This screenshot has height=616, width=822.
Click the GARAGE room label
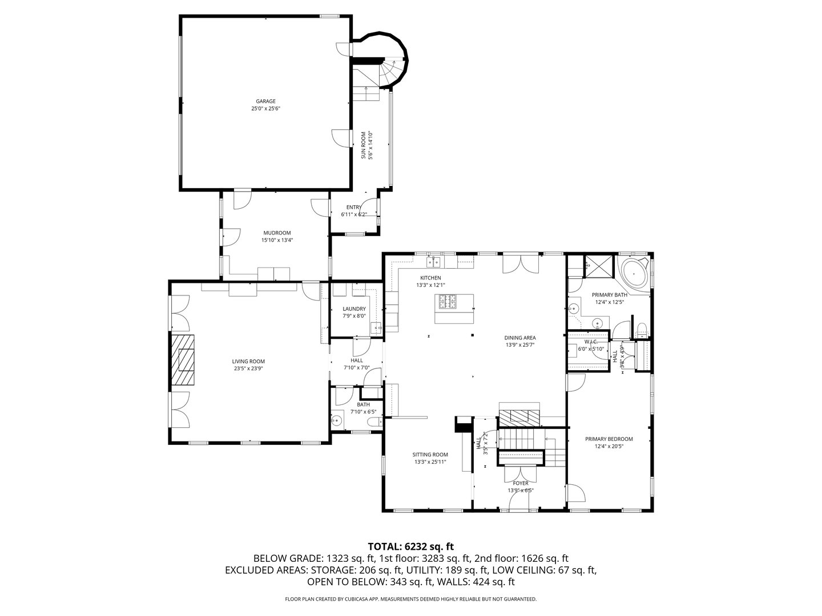coord(265,102)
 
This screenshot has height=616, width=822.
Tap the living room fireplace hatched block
coord(182,360)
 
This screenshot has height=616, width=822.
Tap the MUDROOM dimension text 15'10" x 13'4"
coord(277,240)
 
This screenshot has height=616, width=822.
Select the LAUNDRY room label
coord(354,309)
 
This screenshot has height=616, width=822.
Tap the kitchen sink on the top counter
coord(434,262)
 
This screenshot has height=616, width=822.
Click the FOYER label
coord(521,483)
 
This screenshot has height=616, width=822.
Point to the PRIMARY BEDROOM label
coord(609,439)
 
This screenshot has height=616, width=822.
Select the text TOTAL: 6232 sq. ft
coord(411,546)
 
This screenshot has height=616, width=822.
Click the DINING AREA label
coord(520,337)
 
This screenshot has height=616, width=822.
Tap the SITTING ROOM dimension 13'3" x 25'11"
coord(430,462)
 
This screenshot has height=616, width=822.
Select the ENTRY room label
coord(353,207)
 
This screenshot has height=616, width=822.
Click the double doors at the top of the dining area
coord(520,264)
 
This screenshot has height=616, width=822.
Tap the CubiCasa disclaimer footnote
coord(411,599)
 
